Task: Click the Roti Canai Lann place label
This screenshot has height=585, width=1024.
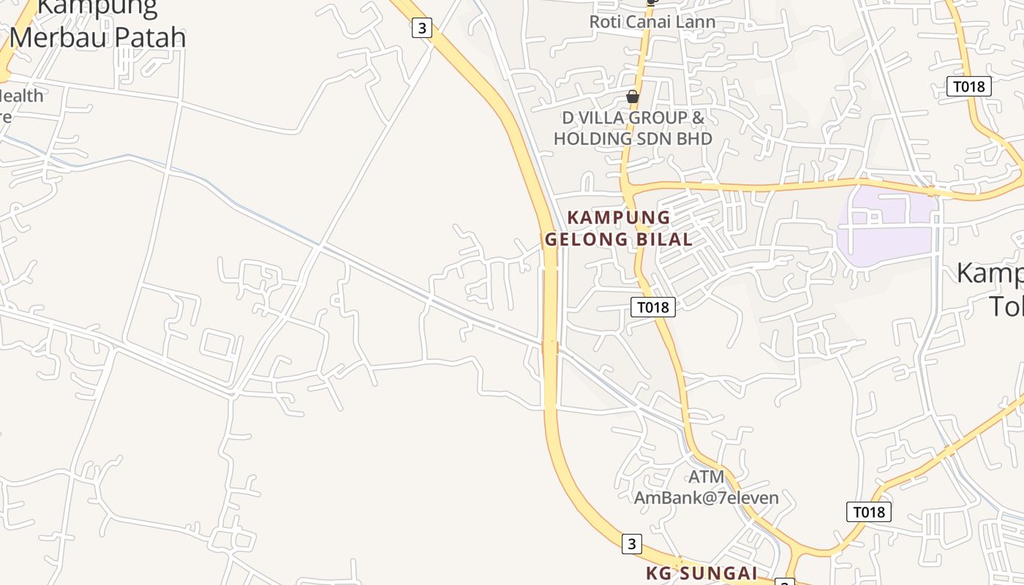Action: (x=652, y=21)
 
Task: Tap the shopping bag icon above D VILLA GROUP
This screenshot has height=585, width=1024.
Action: (x=633, y=97)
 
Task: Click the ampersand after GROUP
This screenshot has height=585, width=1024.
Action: (x=698, y=118)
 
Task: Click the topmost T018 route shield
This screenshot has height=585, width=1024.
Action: (x=969, y=86)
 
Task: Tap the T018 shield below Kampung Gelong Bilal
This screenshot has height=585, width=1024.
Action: (x=652, y=307)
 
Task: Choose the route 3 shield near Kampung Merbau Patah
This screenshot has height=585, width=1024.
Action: (x=421, y=29)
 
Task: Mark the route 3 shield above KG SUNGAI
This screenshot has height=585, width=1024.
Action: (x=631, y=543)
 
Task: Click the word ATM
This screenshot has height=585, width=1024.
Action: (x=707, y=477)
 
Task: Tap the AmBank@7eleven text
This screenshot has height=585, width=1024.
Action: (x=706, y=498)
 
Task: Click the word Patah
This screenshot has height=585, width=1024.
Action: (x=153, y=37)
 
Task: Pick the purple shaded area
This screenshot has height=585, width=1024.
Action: (x=886, y=226)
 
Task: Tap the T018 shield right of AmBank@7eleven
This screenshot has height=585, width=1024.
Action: (x=869, y=512)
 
